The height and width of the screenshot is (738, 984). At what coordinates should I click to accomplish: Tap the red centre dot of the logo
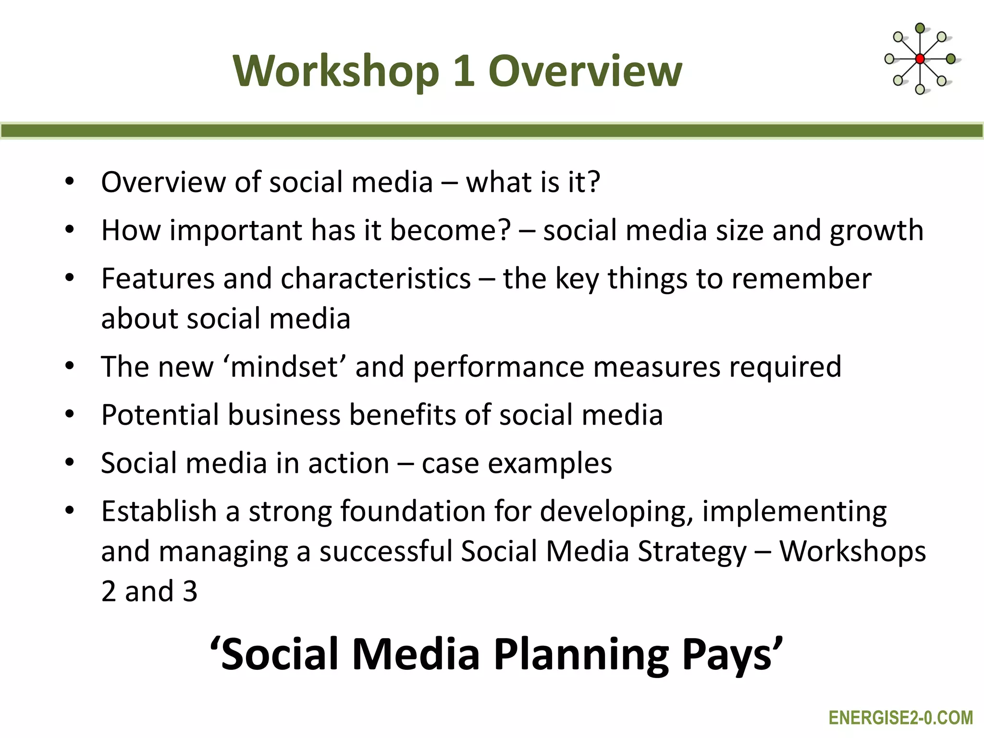[x=920, y=59]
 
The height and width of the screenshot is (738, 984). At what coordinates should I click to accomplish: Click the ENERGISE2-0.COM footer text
[x=900, y=718]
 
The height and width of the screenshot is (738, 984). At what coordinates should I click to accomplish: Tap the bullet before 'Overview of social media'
[x=70, y=182]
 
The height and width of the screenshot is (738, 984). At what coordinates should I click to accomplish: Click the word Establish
[x=159, y=511]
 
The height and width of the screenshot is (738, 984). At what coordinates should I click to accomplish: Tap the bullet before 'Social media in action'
[x=70, y=463]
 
